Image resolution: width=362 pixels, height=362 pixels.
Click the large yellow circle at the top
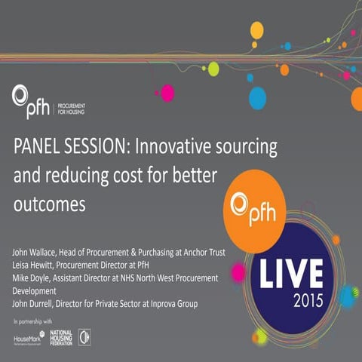tap(256, 30)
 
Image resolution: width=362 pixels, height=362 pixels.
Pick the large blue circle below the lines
tap(257, 97)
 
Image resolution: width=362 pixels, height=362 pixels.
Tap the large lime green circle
tap(213, 69)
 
